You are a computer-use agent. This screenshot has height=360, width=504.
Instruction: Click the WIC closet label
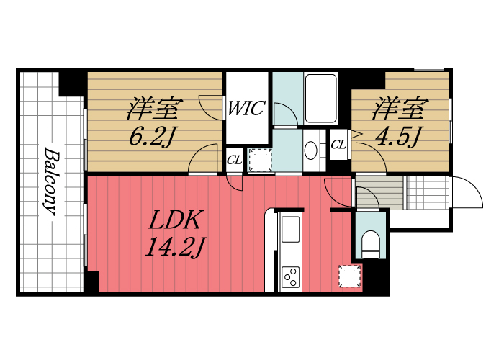[247, 109]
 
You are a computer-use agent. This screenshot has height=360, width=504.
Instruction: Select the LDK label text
[179, 220]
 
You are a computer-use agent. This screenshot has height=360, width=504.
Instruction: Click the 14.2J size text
[176, 249]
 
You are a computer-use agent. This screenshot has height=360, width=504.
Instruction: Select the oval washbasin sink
[310, 150]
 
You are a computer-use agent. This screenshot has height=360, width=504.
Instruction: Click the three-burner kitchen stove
[290, 276]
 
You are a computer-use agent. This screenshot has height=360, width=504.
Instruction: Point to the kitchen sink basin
[290, 230]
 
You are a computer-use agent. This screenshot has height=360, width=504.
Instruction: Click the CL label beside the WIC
[234, 160]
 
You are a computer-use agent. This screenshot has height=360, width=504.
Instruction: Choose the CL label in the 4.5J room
[338, 145]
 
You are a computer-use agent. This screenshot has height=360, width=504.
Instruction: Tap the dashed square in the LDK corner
[349, 276]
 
